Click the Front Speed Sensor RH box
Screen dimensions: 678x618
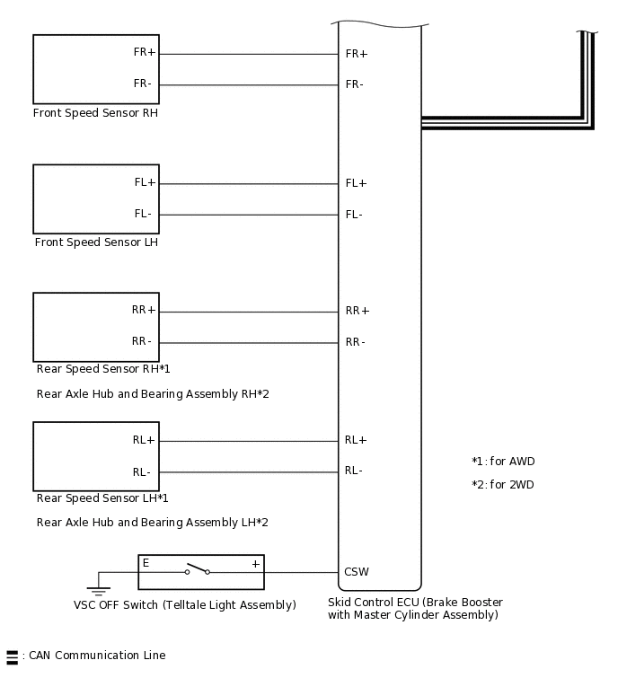click(95, 69)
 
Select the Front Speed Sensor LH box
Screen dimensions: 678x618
click(95, 198)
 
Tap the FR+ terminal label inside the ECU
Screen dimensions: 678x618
click(357, 54)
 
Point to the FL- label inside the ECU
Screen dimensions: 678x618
click(354, 215)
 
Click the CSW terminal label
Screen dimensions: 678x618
click(357, 572)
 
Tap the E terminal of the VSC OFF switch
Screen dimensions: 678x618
click(146, 564)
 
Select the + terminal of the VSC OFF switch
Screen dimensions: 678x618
click(255, 564)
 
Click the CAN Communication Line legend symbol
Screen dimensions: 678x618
click(12, 656)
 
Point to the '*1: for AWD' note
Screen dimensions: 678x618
click(503, 462)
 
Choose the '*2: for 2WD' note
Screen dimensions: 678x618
click(503, 485)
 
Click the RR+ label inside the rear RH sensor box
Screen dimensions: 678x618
click(144, 311)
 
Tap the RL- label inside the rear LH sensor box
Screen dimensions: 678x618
click(142, 472)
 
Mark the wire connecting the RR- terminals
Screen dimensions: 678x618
click(248, 343)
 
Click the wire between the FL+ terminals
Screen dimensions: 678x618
click(248, 184)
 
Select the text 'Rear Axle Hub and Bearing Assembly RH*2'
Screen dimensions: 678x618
click(153, 394)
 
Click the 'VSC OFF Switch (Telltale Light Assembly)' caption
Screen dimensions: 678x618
click(184, 605)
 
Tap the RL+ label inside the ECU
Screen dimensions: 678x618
click(356, 440)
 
